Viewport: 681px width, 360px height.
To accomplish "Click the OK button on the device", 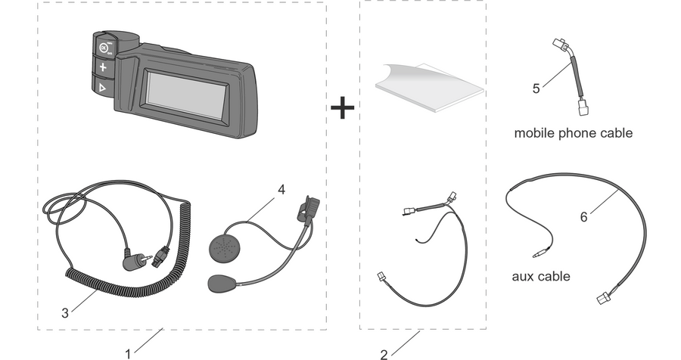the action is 103,48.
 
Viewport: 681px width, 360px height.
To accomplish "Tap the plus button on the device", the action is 103,67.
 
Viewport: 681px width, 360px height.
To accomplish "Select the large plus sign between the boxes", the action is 343,108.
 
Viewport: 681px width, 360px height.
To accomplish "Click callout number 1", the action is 128,355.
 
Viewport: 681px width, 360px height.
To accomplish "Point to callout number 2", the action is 384,355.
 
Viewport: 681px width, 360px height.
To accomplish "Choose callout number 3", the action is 65,312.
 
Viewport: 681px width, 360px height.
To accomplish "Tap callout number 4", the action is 281,190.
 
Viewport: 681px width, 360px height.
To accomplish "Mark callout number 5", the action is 536,88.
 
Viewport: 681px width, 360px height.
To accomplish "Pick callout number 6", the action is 583,217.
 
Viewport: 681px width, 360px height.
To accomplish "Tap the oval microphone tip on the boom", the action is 222,283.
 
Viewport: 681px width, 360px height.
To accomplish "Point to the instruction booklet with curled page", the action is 429,88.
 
